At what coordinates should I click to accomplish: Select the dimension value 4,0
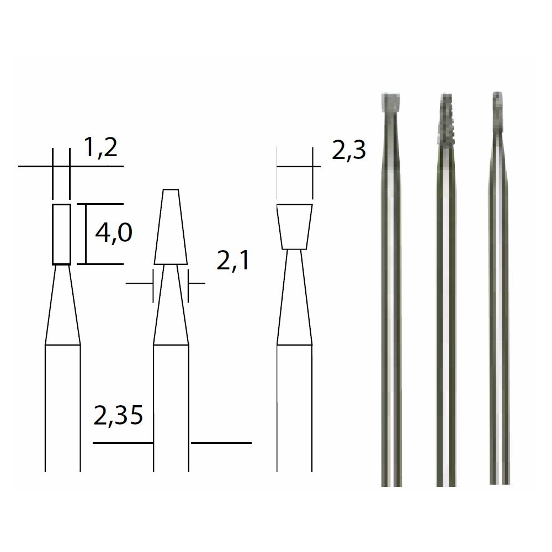coord(113,233)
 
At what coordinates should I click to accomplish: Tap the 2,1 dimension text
coord(233,261)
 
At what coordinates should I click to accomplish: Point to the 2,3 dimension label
coord(349,151)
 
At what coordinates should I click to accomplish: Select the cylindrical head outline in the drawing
coord(61,233)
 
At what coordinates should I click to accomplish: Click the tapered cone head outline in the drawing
coord(170,227)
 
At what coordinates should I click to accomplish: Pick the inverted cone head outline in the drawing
coord(295,226)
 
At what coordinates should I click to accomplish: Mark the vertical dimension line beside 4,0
coord(86,233)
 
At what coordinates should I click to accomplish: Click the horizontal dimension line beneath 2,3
coord(295,166)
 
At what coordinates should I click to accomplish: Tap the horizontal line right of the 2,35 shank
coord(221,443)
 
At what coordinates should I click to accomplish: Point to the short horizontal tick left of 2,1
coord(139,284)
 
